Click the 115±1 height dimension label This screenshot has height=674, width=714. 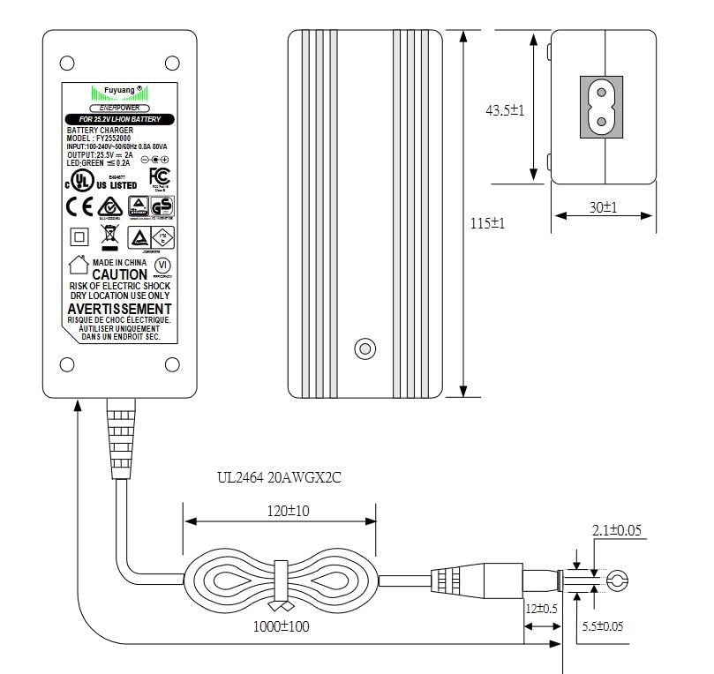click(487, 224)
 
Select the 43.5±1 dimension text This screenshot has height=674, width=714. click(506, 110)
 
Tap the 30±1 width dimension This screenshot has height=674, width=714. click(603, 207)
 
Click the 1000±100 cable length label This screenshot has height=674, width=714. click(281, 627)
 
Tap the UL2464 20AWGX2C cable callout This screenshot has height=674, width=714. click(279, 478)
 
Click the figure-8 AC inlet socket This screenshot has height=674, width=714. click(601, 107)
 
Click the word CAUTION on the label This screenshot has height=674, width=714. click(120, 274)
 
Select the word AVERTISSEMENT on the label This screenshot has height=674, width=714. click(119, 310)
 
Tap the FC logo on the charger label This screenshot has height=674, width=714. click(159, 176)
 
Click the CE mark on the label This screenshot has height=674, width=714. click(80, 206)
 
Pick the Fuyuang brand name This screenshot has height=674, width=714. click(119, 90)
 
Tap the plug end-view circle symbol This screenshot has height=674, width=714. click(616, 580)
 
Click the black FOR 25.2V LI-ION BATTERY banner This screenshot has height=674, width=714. click(120, 118)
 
